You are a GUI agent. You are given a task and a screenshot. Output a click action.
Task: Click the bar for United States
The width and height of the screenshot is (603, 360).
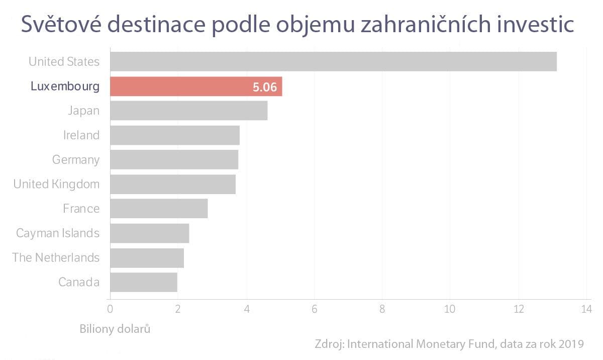point(333,61)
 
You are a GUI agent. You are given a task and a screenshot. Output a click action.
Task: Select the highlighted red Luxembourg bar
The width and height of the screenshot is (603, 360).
point(196,86)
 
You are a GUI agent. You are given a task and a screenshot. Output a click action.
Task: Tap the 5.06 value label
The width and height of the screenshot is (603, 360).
point(265,87)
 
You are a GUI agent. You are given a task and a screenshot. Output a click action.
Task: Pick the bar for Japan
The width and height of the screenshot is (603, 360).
point(188,111)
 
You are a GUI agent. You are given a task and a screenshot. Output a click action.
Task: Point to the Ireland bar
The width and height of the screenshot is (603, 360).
point(174,135)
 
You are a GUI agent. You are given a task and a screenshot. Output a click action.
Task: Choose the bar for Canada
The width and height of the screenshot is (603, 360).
point(143,282)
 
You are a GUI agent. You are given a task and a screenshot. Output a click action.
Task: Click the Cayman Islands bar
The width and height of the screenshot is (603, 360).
point(149,233)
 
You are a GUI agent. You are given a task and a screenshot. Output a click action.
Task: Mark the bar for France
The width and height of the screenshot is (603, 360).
point(159,209)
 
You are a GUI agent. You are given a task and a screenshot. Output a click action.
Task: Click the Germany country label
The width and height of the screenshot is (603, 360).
point(76,160)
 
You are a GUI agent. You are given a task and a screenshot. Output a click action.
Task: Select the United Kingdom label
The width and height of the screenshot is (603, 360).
point(56,184)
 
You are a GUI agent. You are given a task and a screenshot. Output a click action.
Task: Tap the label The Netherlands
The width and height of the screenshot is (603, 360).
point(56,257)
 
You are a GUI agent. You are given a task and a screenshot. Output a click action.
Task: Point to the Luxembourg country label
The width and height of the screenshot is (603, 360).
point(65,86)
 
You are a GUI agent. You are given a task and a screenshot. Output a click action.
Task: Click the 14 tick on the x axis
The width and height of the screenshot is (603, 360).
point(585,308)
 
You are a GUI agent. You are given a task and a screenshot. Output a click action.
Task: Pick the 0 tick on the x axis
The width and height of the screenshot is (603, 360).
point(110,308)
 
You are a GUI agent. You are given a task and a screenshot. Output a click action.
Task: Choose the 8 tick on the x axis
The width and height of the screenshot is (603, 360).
point(382,308)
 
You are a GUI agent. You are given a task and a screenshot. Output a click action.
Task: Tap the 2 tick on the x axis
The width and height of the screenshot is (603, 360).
point(178,308)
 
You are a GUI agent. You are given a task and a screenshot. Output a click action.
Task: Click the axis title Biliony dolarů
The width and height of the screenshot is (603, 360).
point(115,329)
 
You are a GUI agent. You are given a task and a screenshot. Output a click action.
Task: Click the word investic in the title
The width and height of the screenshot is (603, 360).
point(538,25)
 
